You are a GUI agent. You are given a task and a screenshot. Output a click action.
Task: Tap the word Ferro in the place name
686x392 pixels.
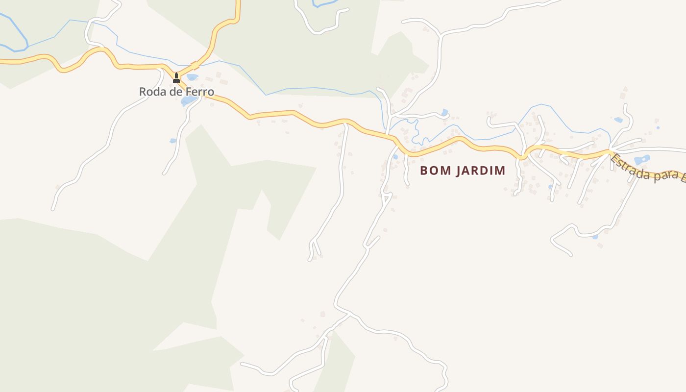200,92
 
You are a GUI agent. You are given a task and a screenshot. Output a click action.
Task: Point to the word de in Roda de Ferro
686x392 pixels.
176,92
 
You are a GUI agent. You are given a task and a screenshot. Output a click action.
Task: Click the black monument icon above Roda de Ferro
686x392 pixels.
176,77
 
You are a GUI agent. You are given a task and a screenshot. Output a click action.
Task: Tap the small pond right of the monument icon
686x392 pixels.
192,77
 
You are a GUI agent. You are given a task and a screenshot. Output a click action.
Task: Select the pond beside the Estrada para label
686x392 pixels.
641,160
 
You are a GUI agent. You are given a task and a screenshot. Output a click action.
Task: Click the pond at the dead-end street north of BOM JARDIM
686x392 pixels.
444,113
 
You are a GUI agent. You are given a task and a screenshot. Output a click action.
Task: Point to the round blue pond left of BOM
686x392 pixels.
395,157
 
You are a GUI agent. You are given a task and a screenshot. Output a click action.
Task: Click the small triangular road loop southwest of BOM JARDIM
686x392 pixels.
387,197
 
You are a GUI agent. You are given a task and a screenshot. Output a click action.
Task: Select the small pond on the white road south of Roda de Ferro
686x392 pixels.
173,141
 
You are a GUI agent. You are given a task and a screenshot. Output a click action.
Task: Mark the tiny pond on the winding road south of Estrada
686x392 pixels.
595,237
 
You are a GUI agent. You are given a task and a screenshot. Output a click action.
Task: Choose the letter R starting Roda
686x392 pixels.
143,92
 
